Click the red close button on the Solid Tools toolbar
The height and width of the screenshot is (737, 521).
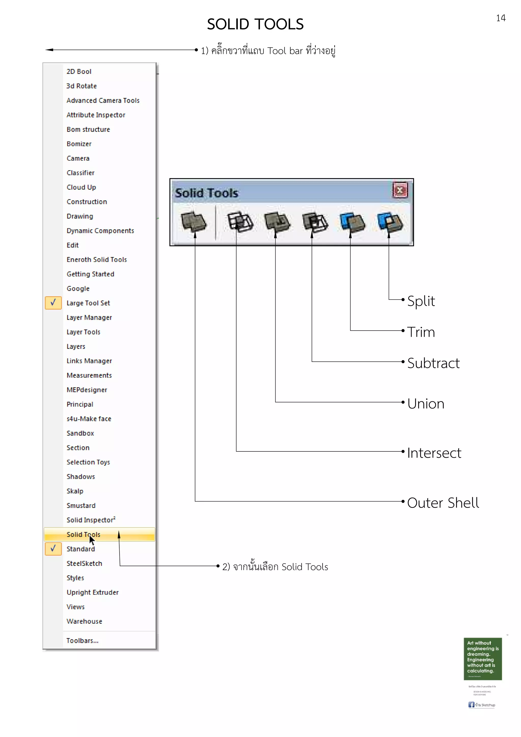400,190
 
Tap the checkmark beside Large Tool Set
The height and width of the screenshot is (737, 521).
53,303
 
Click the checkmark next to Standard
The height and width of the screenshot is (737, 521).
53,549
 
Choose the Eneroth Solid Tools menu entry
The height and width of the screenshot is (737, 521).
97,259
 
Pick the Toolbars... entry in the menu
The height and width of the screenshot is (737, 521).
82,640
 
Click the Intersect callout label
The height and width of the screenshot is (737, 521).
434,453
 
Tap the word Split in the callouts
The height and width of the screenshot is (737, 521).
421,301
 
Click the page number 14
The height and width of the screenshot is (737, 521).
500,18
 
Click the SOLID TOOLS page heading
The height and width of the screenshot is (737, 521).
255,24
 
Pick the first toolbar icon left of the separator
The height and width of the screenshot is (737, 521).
194,222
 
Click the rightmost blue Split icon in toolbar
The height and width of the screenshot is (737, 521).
390,222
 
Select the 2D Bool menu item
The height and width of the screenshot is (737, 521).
79,71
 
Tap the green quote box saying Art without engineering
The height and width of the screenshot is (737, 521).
483,658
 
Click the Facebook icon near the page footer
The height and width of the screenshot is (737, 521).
471,705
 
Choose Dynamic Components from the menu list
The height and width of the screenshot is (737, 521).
100,230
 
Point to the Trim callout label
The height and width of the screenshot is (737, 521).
421,332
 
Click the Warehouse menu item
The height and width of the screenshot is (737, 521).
84,621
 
